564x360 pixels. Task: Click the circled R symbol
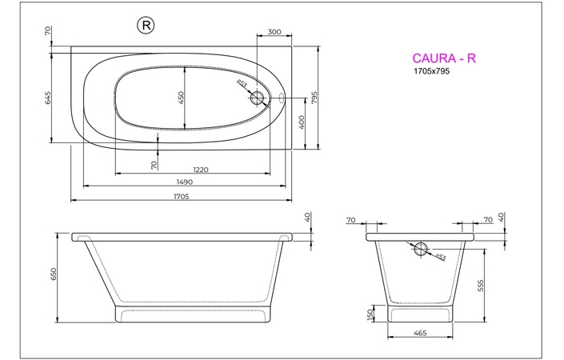tap(147, 26)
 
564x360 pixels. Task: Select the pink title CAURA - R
tap(444, 58)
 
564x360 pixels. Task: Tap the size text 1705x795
tap(431, 72)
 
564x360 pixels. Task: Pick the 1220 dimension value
tap(200, 170)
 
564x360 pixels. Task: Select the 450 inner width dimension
tap(182, 98)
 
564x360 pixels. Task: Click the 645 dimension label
tap(48, 98)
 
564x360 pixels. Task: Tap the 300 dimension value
tap(274, 33)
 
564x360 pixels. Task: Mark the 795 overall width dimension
tap(315, 98)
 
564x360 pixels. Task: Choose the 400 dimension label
tap(302, 122)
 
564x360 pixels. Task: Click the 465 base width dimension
tap(420, 332)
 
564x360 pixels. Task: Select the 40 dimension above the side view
tap(307, 218)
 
